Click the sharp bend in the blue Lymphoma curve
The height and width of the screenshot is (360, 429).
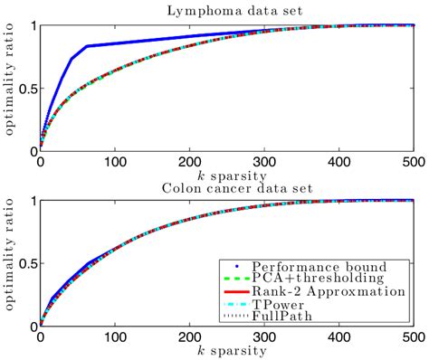coord(87,46)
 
